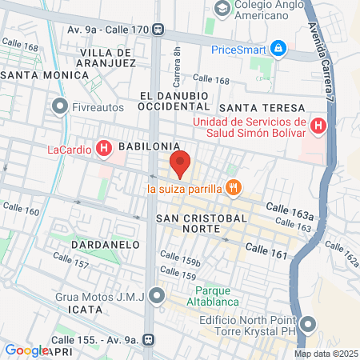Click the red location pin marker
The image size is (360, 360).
[x=180, y=163]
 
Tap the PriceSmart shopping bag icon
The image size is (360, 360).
[x=278, y=49]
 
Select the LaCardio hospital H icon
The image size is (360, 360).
[x=103, y=148]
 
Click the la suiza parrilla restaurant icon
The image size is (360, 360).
[x=234, y=189]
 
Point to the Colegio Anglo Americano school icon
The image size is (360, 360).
[x=222, y=9]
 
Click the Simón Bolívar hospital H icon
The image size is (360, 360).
[x=318, y=126]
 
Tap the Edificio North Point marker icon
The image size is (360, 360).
[x=308, y=324]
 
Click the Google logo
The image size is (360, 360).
[x=26, y=350]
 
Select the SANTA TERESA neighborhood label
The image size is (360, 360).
[x=262, y=108]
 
